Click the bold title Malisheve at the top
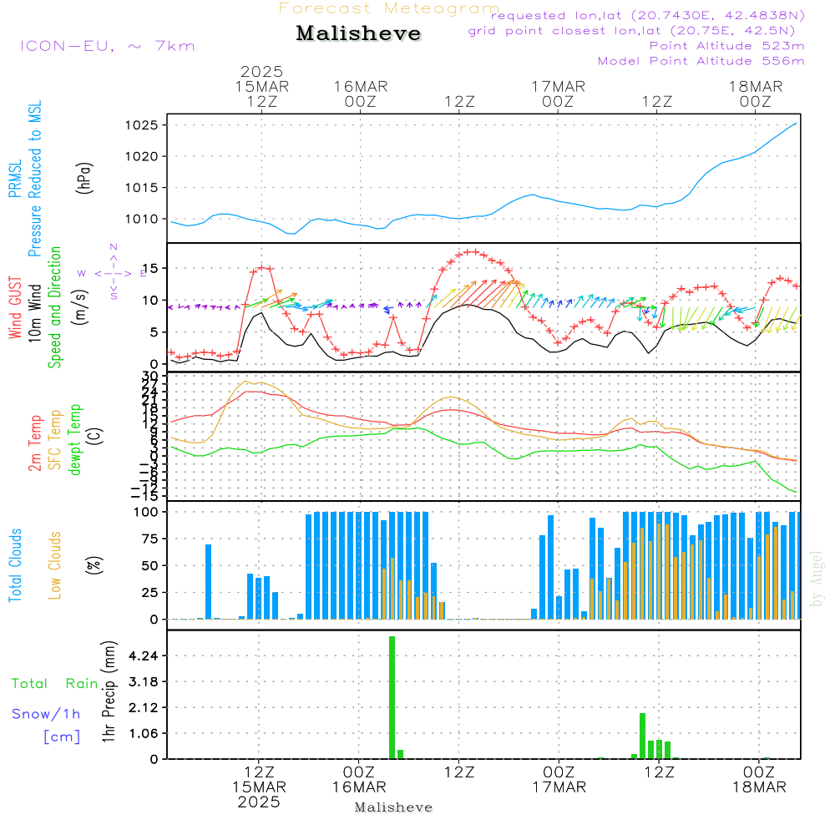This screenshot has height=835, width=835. click(358, 34)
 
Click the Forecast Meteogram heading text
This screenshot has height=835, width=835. click(389, 8)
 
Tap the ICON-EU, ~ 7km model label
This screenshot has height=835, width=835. click(107, 46)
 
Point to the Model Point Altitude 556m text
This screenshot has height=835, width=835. click(701, 61)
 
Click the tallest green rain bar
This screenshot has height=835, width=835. click(392, 696)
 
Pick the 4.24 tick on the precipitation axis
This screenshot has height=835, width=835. click(143, 656)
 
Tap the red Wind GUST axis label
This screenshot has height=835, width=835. click(15, 309)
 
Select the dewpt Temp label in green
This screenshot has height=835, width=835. click(75, 440)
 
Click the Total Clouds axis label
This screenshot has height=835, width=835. click(15, 565)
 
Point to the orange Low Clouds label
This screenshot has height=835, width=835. click(55, 565)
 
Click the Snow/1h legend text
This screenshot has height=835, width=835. click(46, 714)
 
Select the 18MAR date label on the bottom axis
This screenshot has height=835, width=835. click(758, 787)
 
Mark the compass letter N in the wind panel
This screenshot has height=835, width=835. click(114, 247)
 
